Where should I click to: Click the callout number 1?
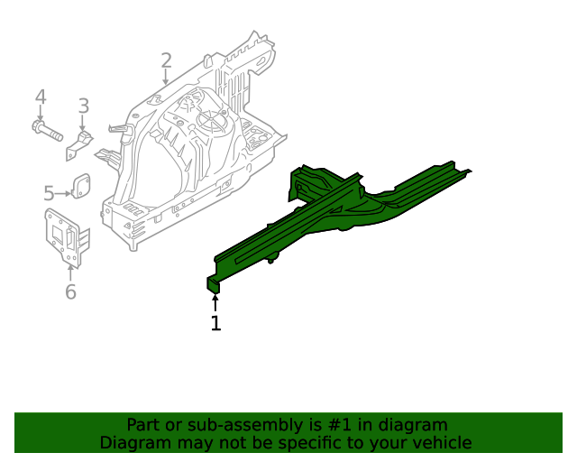[215, 323]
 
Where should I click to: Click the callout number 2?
[166, 61]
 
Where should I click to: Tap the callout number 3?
[83, 106]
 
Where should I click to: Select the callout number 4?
[40, 97]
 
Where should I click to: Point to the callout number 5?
[49, 192]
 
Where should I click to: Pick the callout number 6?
[70, 291]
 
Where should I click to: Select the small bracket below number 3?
[79, 145]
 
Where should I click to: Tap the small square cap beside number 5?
[81, 186]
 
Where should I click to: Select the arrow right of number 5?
[64, 192]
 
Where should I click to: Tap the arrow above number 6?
[70, 272]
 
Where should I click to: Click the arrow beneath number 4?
[40, 115]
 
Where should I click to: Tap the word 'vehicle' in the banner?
[441, 443]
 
